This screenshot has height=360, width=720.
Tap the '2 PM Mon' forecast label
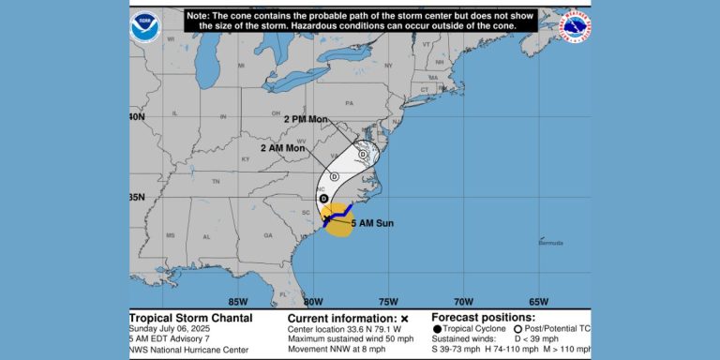click(307, 120)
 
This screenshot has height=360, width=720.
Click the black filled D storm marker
click(323, 199)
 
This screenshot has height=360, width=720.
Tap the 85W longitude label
click(237, 301)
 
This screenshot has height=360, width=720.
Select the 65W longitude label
click(538, 301)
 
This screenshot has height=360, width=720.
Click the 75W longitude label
click(387, 301)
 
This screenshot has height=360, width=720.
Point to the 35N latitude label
click(138, 197)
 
